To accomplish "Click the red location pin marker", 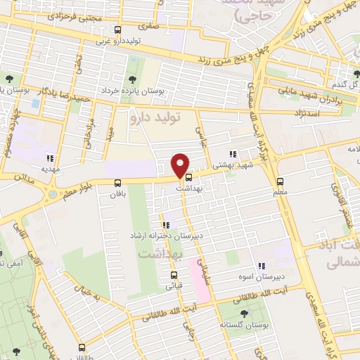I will click(181, 165).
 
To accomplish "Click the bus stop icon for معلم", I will click(281, 180).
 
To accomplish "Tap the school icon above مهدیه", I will click(49, 158).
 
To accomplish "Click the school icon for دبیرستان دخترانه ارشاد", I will click(166, 226).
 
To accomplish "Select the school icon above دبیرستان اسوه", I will click(261, 266).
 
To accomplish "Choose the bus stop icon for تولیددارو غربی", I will click(118, 30).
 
